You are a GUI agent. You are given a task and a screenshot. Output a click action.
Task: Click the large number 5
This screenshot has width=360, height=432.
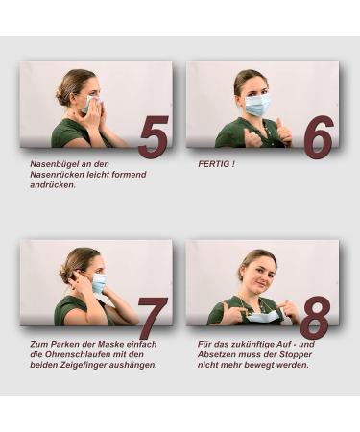point(154,136)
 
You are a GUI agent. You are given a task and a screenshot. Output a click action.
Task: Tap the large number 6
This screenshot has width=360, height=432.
point(319,137)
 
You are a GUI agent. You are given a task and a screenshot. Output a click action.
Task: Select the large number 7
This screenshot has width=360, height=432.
point(153,318)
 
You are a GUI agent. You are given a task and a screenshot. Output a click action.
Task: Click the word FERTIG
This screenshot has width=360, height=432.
point(214,164)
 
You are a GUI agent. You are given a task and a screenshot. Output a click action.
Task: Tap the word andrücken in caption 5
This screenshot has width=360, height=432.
point(53,185)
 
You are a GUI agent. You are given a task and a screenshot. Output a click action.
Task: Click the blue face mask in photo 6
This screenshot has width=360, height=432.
point(257,105)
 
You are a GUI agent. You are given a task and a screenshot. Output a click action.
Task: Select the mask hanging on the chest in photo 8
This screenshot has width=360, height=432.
point(264,316)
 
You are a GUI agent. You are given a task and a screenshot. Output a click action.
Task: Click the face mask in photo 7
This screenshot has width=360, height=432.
point(99,284)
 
